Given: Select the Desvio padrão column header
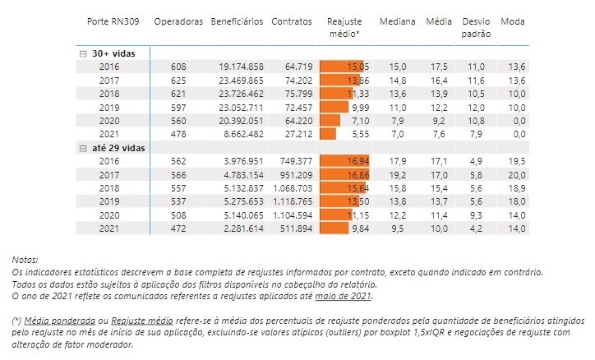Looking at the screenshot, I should pos(477,27).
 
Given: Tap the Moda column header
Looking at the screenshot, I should pos(513,21).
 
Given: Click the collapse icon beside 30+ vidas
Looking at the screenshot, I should pos(82,53).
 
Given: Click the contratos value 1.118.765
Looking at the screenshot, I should pos(289,200).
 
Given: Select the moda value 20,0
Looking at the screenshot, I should pos(515,174).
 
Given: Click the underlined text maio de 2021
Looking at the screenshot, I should pos(348,296).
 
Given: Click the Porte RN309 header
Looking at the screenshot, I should pos(113,21).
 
